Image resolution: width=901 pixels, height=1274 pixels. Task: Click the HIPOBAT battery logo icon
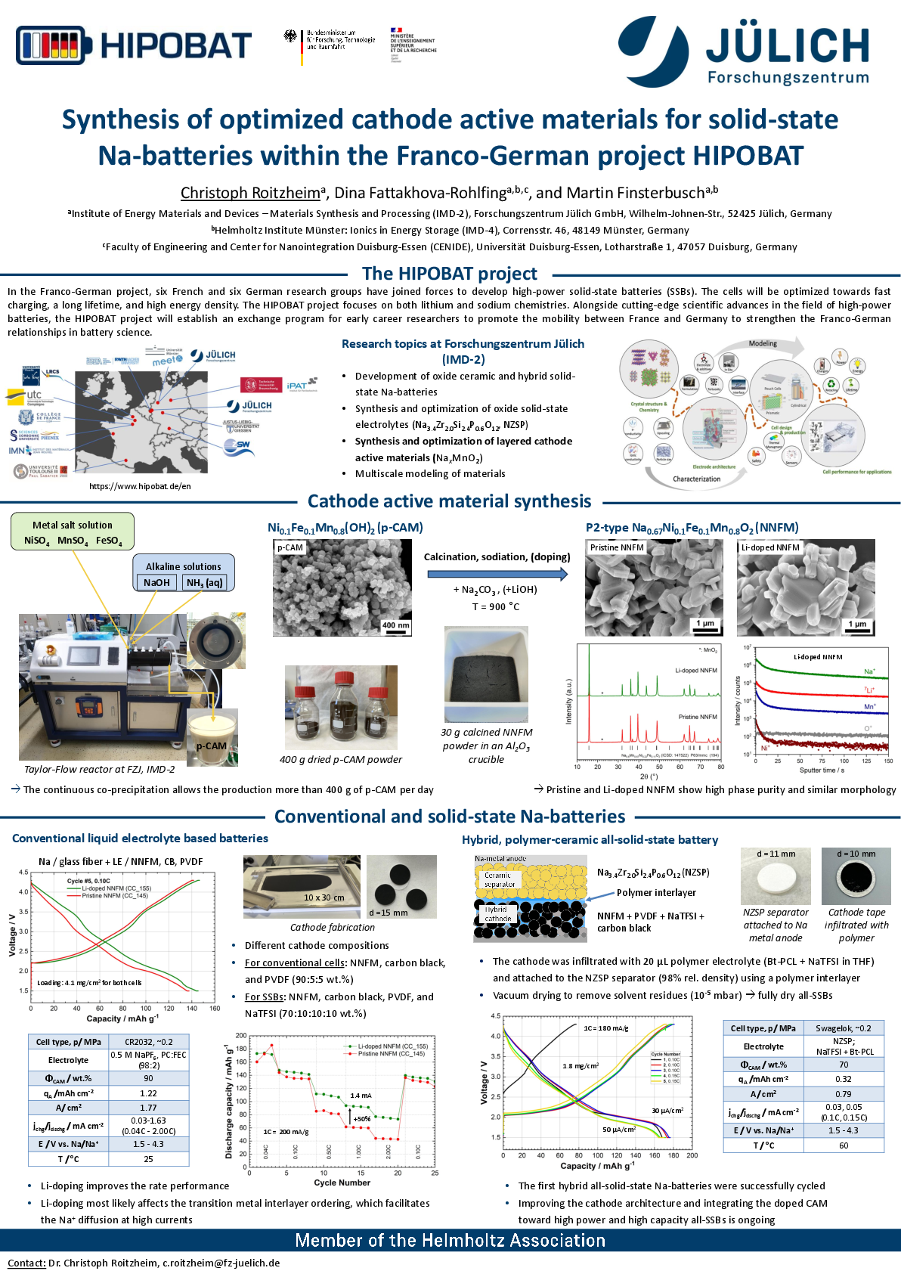(x=54, y=46)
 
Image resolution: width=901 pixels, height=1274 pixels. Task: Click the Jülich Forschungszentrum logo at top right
(x=744, y=51)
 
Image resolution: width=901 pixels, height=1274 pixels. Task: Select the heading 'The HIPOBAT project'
(x=449, y=274)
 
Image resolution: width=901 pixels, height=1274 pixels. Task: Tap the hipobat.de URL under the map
(x=140, y=486)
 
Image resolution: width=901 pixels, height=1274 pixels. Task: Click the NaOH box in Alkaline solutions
(x=156, y=582)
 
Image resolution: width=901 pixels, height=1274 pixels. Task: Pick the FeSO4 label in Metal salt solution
(x=109, y=541)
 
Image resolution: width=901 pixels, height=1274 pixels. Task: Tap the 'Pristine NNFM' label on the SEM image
(x=617, y=547)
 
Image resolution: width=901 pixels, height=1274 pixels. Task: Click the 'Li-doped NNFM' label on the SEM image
(x=770, y=547)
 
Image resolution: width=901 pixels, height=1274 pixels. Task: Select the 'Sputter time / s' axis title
(x=822, y=770)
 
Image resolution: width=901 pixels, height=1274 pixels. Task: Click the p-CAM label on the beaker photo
(x=212, y=746)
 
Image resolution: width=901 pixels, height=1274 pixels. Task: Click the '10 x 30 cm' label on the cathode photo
(x=324, y=897)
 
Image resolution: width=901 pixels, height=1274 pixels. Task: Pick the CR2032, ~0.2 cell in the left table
(x=149, y=1042)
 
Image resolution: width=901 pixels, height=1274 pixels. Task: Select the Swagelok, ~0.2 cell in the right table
(x=843, y=1028)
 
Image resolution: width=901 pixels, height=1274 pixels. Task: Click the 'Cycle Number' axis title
(x=342, y=1183)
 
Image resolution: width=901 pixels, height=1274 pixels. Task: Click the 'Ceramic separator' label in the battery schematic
(x=499, y=879)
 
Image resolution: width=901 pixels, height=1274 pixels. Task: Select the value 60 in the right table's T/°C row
(x=843, y=1145)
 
